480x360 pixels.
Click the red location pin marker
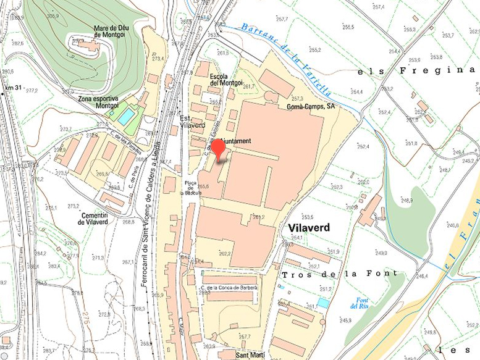coord(219,148)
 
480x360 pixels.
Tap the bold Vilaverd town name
coord(309,227)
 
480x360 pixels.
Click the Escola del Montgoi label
coord(226,79)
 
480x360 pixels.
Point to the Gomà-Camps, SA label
coord(311,106)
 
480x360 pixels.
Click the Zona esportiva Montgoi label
coord(98,102)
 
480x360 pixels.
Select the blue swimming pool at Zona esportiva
coord(126,116)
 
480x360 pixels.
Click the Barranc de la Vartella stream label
coord(287,60)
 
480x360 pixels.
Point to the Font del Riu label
coord(359,303)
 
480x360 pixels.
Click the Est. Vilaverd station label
coord(192,121)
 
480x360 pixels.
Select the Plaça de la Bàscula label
coord(191,188)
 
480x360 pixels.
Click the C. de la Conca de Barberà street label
coord(228,288)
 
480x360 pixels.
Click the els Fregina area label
coord(416,70)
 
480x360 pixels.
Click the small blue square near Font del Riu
coord(323,303)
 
